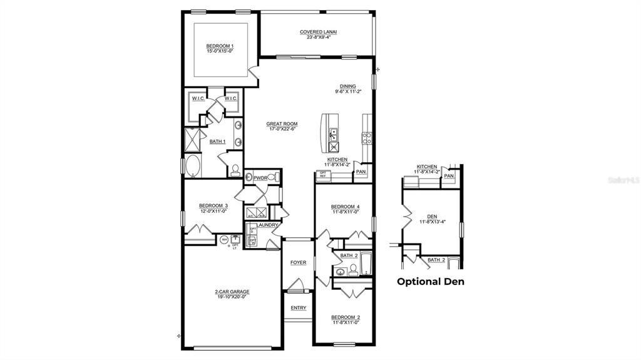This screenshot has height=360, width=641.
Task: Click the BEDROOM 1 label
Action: click(x=220, y=46)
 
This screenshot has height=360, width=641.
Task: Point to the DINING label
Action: click(x=347, y=86)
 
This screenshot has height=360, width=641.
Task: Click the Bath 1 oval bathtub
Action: click(x=192, y=167)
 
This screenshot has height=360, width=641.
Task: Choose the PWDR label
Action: click(x=260, y=178)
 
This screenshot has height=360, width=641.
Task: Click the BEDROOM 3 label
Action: click(x=213, y=205)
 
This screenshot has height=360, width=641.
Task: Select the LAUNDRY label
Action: click(x=267, y=225)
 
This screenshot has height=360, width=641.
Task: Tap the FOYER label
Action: click(x=298, y=262)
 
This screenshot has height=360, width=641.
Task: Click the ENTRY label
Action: click(x=298, y=308)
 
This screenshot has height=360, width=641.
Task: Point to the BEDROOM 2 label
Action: click(x=346, y=317)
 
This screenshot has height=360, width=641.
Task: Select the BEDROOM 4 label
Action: click(x=346, y=207)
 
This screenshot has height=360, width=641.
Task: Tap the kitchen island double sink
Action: click(x=334, y=133)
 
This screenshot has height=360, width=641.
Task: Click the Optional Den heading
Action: click(x=431, y=282)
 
